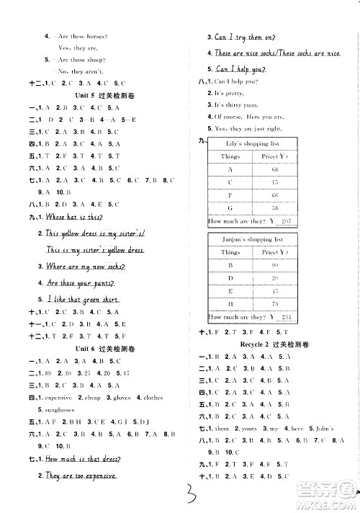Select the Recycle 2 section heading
point(278,344)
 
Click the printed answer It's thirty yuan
point(240,104)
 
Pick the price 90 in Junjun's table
point(275,265)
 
